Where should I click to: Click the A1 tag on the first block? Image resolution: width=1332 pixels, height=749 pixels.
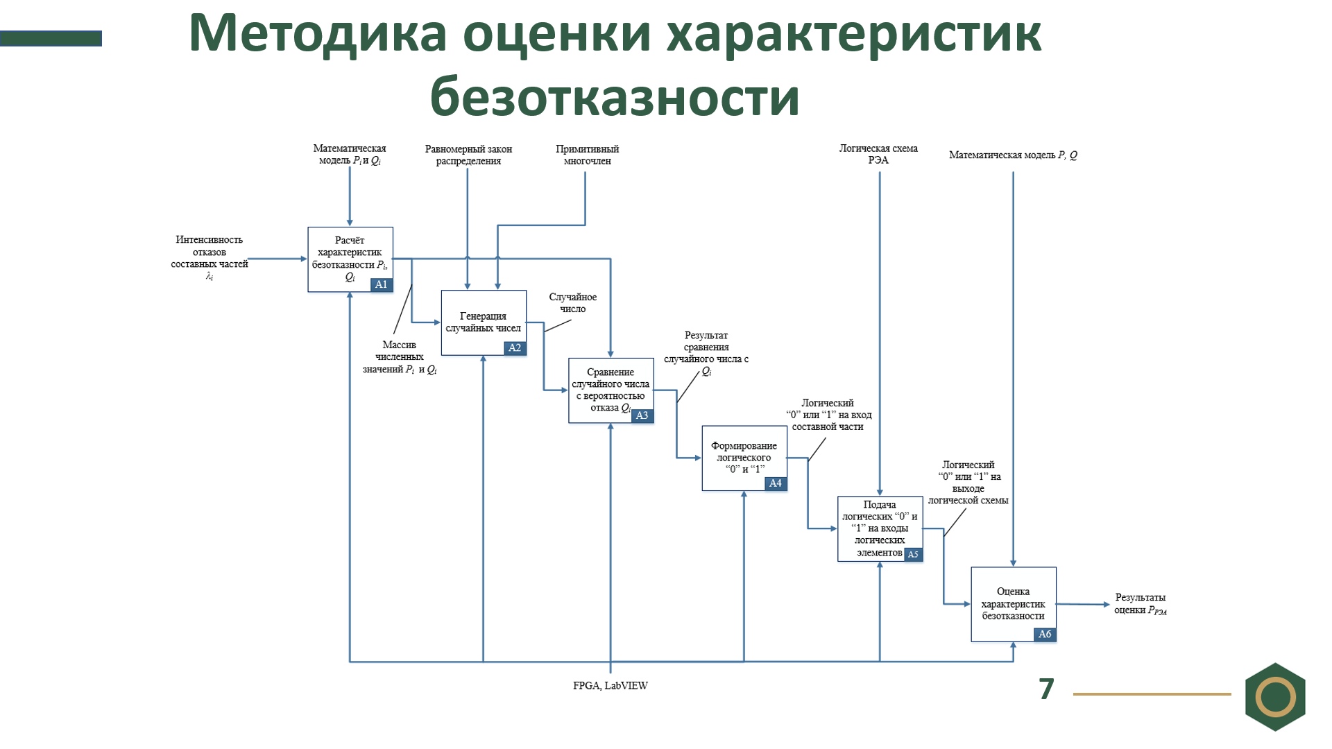(x=381, y=284)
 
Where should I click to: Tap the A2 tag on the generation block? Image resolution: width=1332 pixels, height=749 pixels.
(x=514, y=348)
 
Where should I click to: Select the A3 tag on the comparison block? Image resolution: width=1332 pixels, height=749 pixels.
(x=642, y=415)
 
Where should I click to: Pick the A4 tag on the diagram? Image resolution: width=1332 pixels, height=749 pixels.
(x=775, y=483)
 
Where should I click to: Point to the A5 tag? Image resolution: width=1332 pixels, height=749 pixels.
(x=912, y=554)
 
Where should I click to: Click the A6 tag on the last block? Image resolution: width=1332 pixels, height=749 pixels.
(x=1044, y=634)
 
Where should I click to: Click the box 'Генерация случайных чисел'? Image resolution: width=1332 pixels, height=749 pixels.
(x=483, y=322)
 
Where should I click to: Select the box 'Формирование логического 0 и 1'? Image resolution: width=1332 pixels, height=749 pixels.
(x=744, y=457)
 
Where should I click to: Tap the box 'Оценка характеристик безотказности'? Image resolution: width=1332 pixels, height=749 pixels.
(x=1013, y=603)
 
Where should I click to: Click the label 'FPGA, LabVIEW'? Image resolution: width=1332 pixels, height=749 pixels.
(x=610, y=686)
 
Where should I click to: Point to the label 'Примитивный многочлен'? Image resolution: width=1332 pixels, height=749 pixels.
(x=587, y=155)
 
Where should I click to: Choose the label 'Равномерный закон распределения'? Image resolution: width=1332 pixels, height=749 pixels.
(x=468, y=155)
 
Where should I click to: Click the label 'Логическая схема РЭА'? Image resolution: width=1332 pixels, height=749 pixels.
(x=878, y=154)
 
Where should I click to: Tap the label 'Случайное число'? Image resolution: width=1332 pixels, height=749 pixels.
(x=573, y=302)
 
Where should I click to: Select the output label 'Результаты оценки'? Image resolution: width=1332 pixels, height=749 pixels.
(x=1140, y=603)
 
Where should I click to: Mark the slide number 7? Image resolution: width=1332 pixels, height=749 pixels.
(x=1046, y=689)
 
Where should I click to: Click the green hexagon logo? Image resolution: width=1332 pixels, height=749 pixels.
(x=1275, y=696)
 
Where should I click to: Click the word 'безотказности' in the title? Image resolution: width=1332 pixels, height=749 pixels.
(x=615, y=96)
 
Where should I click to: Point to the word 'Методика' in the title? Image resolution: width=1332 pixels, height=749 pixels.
(x=318, y=33)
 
